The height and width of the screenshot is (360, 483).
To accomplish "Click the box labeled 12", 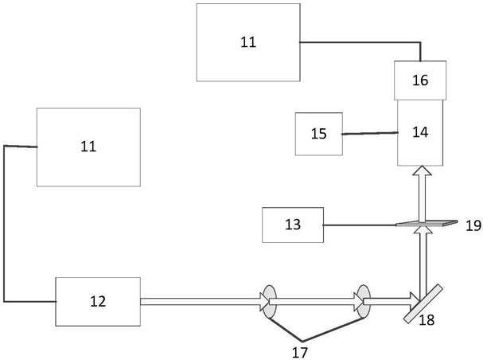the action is pyautogui.click(x=98, y=301).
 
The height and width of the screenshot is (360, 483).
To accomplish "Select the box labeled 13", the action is pyautogui.click(x=293, y=225).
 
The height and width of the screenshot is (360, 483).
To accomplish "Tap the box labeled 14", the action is pyautogui.click(x=420, y=132).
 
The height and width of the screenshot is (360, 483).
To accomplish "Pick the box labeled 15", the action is pyautogui.click(x=319, y=134).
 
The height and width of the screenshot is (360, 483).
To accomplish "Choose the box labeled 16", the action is pyautogui.click(x=420, y=80).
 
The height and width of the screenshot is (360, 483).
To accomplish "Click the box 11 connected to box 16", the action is pyautogui.click(x=248, y=42).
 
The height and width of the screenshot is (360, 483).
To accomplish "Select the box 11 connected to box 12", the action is pyautogui.click(x=88, y=147).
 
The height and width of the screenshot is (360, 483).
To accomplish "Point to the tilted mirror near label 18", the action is pyautogui.click(x=423, y=304).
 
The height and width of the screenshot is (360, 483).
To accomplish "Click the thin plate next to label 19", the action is pyautogui.click(x=427, y=224).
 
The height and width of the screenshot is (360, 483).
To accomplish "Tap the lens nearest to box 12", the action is pyautogui.click(x=269, y=301).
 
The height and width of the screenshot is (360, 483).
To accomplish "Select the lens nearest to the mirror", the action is pyautogui.click(x=364, y=301).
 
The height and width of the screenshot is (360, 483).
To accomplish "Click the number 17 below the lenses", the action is pyautogui.click(x=300, y=352).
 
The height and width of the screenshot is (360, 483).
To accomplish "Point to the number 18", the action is pyautogui.click(x=427, y=320).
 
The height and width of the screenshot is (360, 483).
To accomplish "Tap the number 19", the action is pyautogui.click(x=473, y=226).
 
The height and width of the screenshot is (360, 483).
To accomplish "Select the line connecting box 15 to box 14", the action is pyautogui.click(x=370, y=133).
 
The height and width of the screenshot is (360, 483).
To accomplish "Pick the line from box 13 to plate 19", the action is pyautogui.click(x=360, y=225).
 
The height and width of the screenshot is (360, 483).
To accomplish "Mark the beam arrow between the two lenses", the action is pyautogui.click(x=316, y=301).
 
